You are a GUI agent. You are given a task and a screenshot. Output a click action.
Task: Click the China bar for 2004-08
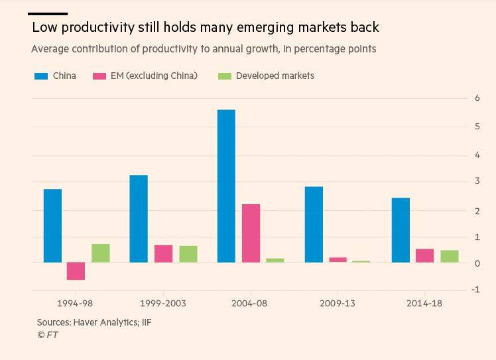click(x=226, y=186)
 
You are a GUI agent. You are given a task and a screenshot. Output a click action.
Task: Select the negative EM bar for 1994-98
click(x=76, y=270)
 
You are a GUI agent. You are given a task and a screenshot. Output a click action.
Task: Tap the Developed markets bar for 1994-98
click(x=101, y=253)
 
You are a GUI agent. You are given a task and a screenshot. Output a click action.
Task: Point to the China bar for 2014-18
click(x=401, y=229)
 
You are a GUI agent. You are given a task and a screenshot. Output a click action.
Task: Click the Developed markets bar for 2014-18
click(x=450, y=256)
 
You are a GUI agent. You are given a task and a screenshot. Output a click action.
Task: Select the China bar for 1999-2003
click(x=139, y=218)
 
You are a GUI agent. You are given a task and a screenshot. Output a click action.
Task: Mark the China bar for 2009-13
click(x=314, y=224)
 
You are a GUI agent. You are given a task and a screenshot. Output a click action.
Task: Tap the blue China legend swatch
click(x=41, y=76)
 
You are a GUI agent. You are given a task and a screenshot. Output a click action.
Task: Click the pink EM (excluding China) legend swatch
click(x=99, y=76)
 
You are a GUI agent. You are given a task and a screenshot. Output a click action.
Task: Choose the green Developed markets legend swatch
click(x=225, y=76)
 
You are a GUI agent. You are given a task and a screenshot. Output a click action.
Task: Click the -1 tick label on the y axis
click(x=475, y=290)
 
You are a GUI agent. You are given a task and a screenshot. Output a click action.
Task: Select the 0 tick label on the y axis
click(x=477, y=263)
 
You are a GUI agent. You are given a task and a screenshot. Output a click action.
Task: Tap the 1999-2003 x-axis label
click(x=163, y=304)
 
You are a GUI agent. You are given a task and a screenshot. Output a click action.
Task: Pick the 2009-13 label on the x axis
click(x=338, y=304)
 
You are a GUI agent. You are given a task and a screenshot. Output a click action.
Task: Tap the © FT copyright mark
click(x=48, y=335)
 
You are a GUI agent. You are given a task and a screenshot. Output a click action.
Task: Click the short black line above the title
click(x=48, y=13)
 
